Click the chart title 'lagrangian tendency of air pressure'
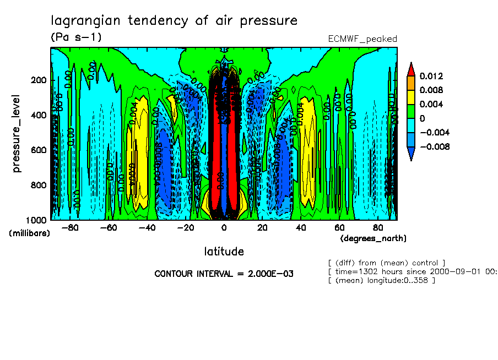[174, 21]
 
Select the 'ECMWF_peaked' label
[362, 39]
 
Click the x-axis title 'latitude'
[224, 252]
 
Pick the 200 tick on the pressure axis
[39, 80]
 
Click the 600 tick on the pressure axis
[39, 150]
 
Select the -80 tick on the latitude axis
[70, 227]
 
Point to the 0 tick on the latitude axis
[224, 227]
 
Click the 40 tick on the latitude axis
[301, 227]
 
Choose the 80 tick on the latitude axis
[378, 227]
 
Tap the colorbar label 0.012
[431, 76]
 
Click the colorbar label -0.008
[434, 146]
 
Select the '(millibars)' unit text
[30, 233]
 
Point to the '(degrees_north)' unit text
[373, 238]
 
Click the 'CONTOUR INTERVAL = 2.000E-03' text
[224, 274]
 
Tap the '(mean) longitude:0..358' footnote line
[381, 280]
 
